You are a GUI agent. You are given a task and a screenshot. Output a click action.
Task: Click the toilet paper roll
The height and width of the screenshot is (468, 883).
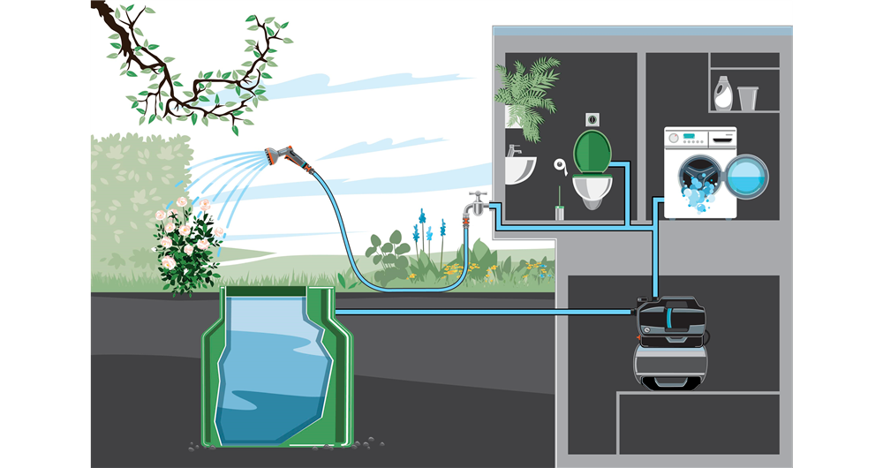coord(559,165)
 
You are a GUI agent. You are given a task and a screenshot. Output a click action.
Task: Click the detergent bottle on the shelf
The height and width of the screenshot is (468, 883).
coord(722,93)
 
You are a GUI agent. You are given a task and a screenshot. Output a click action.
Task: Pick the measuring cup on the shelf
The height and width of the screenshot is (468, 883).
coord(747,97)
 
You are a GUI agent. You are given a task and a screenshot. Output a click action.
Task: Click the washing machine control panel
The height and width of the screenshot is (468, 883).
coord(699,138)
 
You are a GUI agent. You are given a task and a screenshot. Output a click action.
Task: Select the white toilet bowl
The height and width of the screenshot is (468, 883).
coord(591,187)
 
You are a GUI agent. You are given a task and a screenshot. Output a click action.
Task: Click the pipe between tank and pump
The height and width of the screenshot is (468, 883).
coord(486,312)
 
